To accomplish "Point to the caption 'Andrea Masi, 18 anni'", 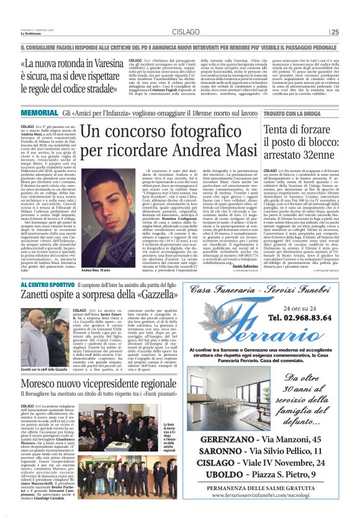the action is [x=96, y=270].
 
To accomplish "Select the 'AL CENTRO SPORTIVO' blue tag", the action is [x=45, y=284].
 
